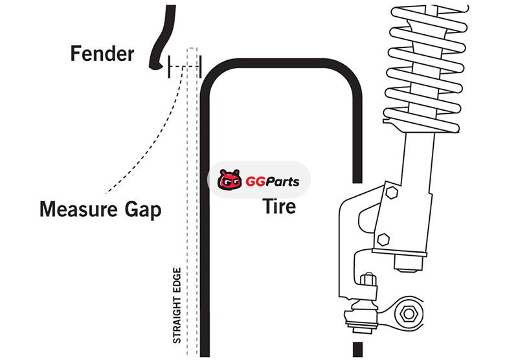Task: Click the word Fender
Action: [102, 53]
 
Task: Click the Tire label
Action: [279, 206]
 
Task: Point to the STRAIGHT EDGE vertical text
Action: [176, 304]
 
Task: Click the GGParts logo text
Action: [272, 181]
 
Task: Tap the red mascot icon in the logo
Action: [229, 181]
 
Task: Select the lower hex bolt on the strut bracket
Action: [383, 238]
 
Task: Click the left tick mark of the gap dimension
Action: [168, 66]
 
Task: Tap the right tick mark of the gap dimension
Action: [201, 65]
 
